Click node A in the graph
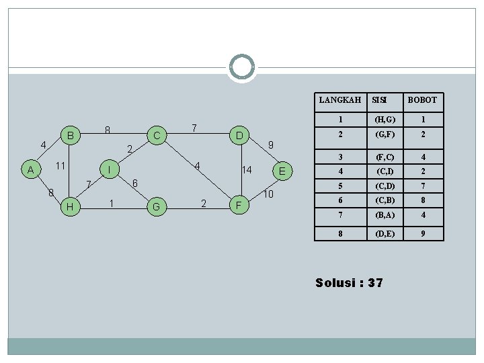click(x=30, y=170)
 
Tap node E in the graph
click(x=282, y=171)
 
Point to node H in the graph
click(x=70, y=207)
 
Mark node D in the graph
click(x=239, y=136)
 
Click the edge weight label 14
click(x=247, y=170)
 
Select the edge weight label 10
click(x=268, y=194)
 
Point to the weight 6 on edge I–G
click(x=135, y=183)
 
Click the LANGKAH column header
click(x=339, y=100)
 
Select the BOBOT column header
click(x=422, y=100)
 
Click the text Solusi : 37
click(x=349, y=282)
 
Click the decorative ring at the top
click(x=242, y=67)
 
